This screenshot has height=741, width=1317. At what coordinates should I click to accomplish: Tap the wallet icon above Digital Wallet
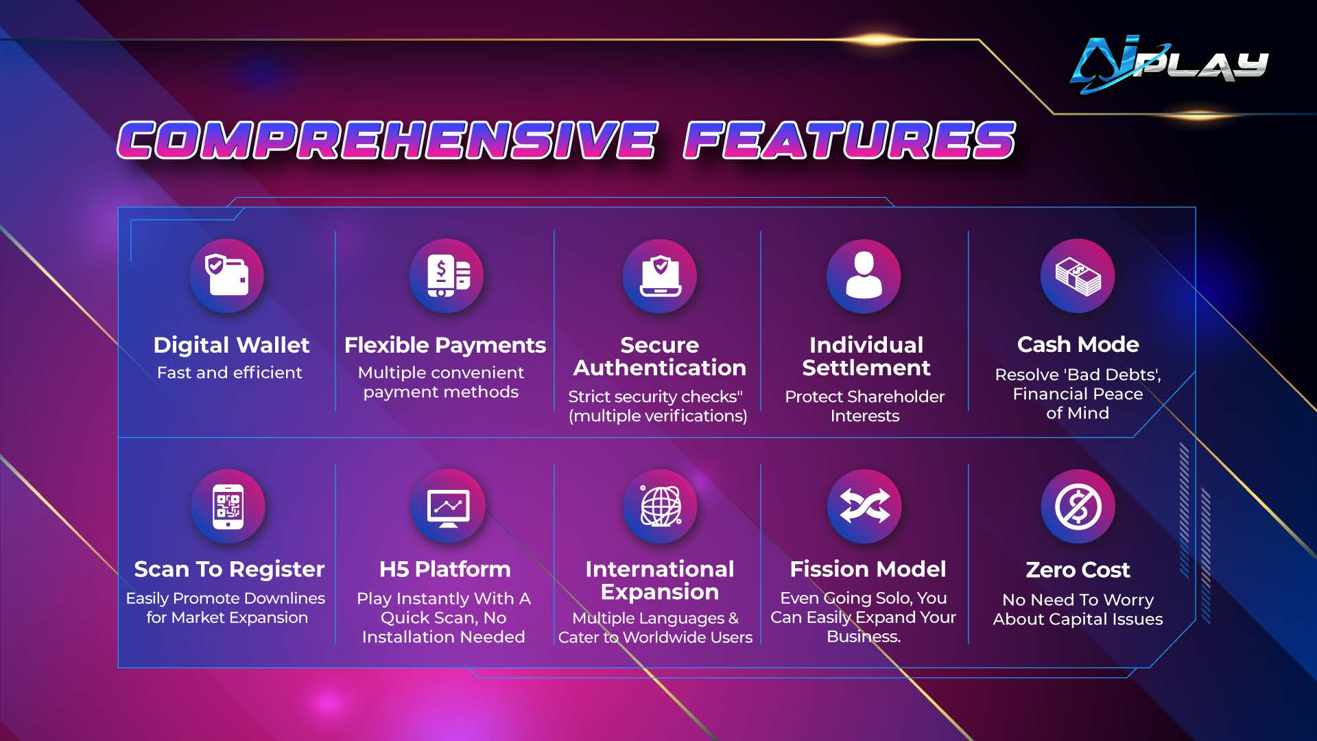[x=227, y=275]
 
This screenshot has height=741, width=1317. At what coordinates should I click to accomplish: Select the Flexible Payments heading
[x=444, y=344]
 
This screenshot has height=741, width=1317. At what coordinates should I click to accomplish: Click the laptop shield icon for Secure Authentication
[x=660, y=276]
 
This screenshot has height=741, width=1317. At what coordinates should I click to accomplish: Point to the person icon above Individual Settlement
[x=864, y=276]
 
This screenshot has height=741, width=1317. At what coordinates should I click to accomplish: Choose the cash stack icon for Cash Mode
[x=1078, y=276]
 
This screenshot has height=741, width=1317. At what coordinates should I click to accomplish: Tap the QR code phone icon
[x=228, y=506]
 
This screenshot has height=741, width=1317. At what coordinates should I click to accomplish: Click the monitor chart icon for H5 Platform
[x=448, y=506]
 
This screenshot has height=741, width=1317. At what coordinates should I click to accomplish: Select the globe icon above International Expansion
[x=660, y=506]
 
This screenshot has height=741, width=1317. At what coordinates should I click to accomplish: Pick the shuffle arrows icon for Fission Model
[x=864, y=506]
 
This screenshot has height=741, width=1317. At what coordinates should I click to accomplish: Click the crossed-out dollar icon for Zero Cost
[x=1078, y=506]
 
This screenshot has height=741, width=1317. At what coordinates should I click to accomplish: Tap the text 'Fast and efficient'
[x=229, y=373]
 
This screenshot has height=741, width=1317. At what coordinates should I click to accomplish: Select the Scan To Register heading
[x=229, y=569]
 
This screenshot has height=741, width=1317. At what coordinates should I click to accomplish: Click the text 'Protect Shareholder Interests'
[x=864, y=405]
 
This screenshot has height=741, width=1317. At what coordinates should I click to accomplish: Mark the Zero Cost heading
[x=1078, y=569]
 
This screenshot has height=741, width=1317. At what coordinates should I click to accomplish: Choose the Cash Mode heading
[x=1078, y=344]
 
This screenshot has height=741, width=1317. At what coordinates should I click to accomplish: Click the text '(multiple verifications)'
[x=657, y=416]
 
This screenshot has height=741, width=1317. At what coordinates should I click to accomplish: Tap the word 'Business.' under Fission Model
[x=863, y=637]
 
